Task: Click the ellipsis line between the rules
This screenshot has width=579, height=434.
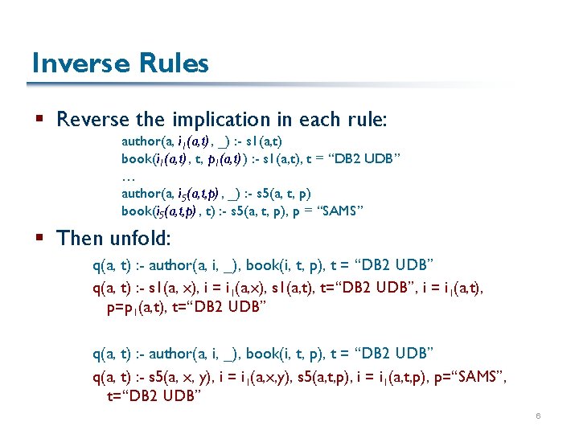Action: (x=127, y=175)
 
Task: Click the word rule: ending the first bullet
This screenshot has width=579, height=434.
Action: (x=366, y=120)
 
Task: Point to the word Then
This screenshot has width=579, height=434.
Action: (x=79, y=238)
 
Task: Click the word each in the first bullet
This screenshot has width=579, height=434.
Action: (x=317, y=120)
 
